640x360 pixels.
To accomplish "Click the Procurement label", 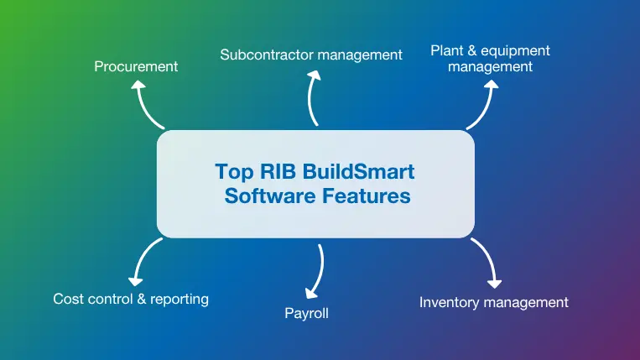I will tap(136, 66).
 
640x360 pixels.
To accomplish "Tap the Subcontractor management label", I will tap(311, 55).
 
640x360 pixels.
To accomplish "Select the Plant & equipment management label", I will tap(490, 58).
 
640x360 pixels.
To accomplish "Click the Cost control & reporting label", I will tap(131, 299).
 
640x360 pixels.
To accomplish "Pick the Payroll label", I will tap(307, 315).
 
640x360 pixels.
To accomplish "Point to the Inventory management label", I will tap(494, 302).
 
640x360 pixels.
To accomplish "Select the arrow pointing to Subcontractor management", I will tap(312, 97).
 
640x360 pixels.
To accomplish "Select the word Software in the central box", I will tap(269, 196).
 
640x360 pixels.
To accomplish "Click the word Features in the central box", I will tap(367, 196).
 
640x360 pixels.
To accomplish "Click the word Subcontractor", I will tap(268, 55).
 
